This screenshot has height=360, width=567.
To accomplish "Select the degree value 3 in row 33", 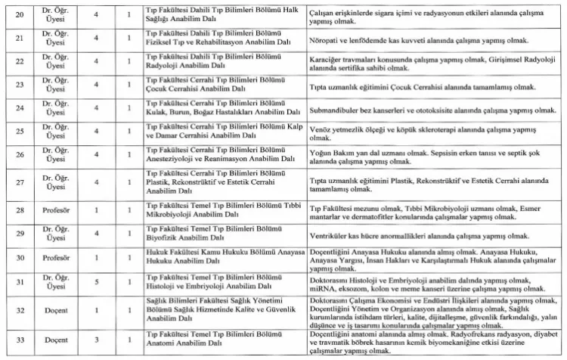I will [x=96, y=343].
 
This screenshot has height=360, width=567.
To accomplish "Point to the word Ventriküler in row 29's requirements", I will [x=330, y=234].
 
